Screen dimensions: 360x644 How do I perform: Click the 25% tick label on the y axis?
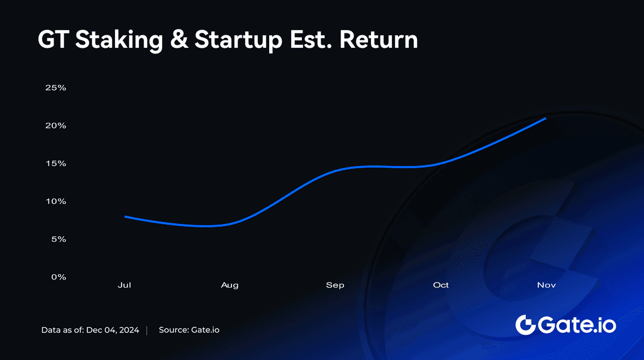point(55,87)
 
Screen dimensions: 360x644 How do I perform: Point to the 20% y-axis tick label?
point(55,125)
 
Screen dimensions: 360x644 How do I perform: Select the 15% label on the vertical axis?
point(55,163)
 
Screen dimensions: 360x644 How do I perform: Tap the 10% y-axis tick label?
point(55,201)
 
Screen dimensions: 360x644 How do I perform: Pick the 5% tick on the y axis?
point(57,239)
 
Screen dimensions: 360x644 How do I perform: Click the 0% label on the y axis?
point(57,277)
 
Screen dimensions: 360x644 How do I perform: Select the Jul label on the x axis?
point(125,285)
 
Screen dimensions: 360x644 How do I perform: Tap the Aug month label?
point(230,285)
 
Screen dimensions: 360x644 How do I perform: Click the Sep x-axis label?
point(335,285)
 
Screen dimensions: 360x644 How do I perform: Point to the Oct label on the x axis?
point(441,285)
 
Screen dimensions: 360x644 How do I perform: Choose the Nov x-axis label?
point(546,285)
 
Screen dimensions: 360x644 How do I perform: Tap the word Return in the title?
point(379,40)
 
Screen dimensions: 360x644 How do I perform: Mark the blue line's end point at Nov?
point(545,118)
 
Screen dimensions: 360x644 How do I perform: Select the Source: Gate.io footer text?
point(189,330)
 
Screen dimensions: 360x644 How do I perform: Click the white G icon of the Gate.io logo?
point(525,325)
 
